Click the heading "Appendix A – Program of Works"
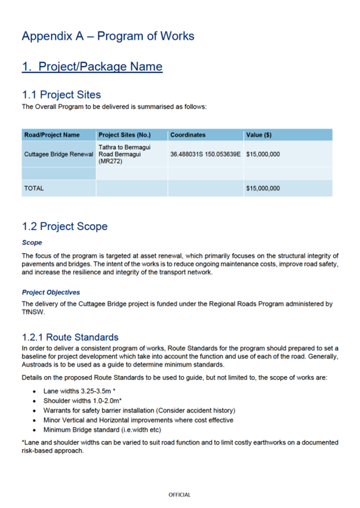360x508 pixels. [x=108, y=36]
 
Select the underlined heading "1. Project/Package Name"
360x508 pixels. [x=92, y=67]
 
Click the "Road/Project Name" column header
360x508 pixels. [x=52, y=135]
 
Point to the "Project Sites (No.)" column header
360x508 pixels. [x=125, y=135]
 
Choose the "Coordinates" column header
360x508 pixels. [x=188, y=135]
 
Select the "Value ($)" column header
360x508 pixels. [x=259, y=135]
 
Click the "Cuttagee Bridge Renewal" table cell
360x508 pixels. [x=59, y=155]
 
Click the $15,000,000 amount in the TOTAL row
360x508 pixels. [x=263, y=188]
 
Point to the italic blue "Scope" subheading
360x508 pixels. [x=32, y=243]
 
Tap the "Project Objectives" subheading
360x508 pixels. [x=51, y=292]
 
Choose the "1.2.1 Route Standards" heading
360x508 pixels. [x=70, y=337]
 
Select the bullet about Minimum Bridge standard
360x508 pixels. [x=102, y=430]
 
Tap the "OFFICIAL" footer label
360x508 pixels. [x=180, y=495]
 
